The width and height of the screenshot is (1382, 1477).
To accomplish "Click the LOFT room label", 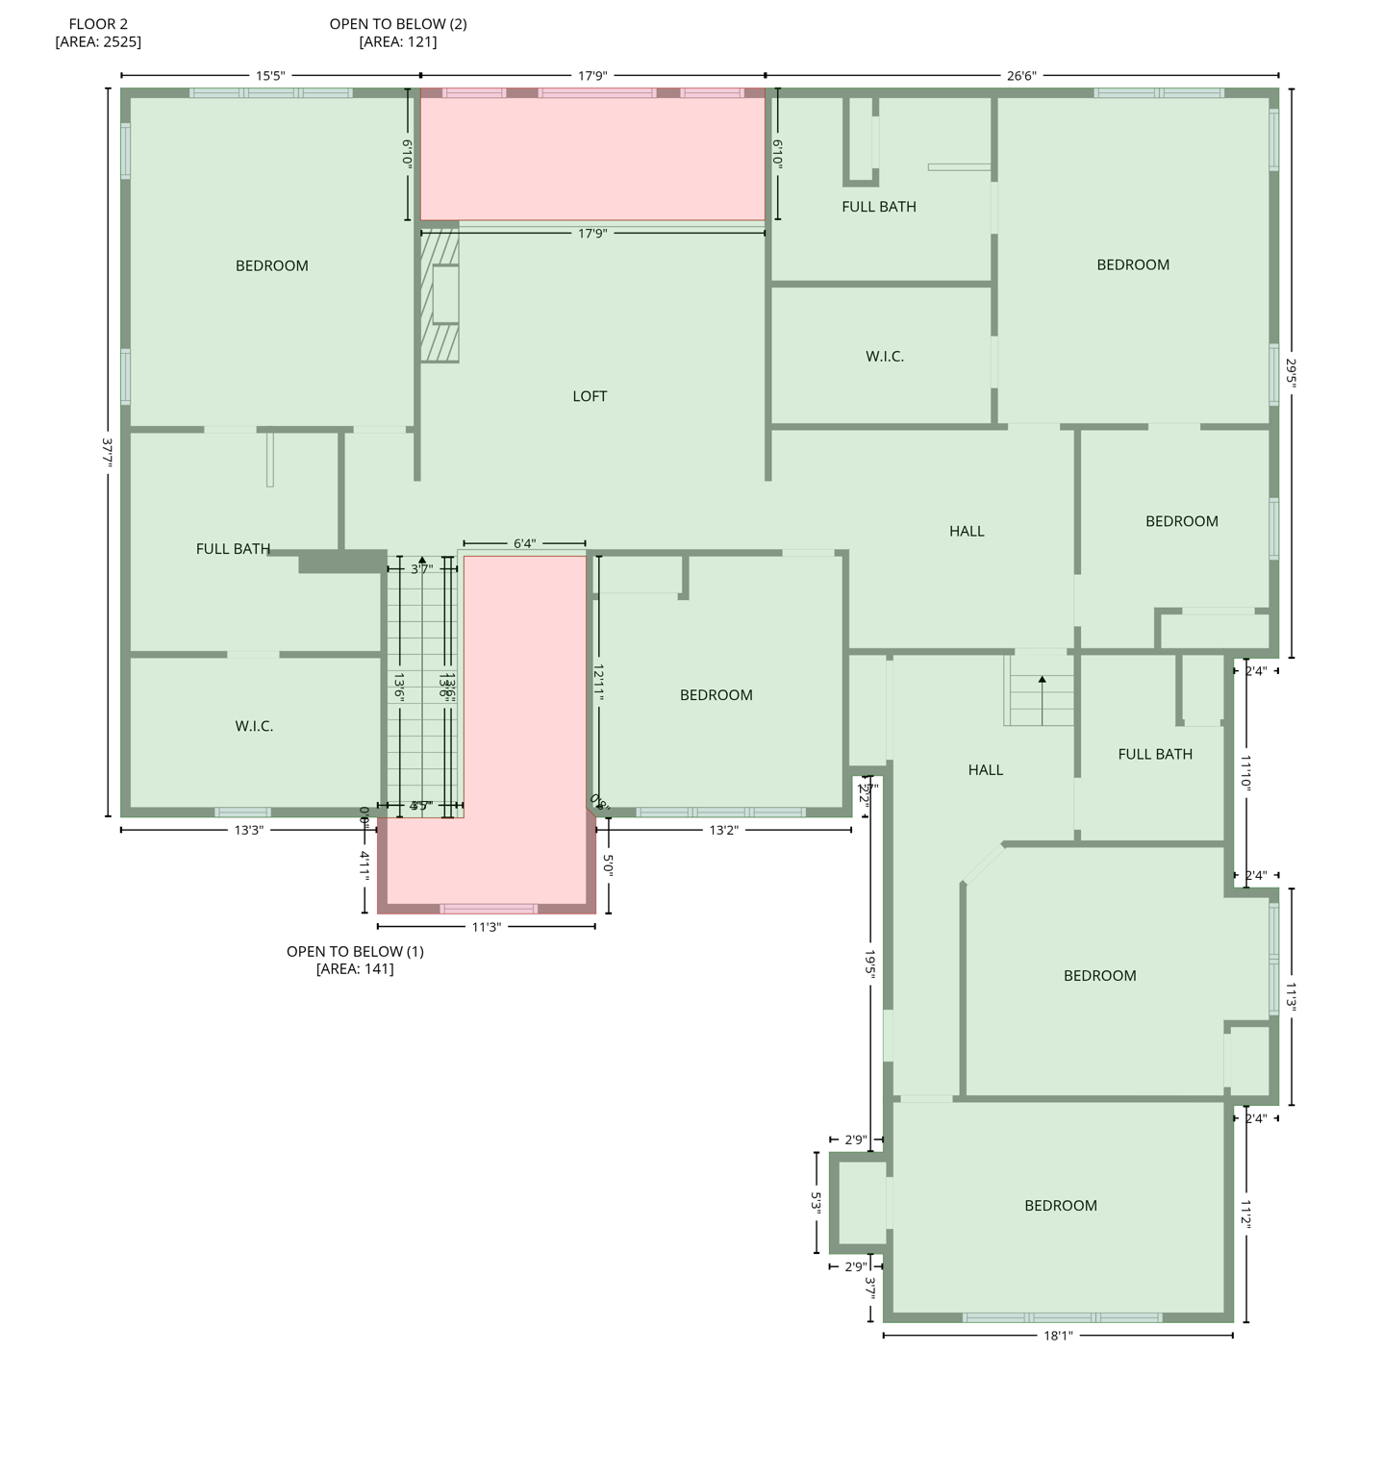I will click(x=590, y=396).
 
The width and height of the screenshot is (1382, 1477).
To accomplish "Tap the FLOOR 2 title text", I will click(x=98, y=24).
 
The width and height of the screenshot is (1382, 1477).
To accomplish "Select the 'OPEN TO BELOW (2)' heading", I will click(x=398, y=24).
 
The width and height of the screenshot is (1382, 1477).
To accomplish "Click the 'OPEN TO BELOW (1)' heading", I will click(x=355, y=951).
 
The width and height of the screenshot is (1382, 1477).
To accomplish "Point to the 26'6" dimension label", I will click(x=1021, y=76).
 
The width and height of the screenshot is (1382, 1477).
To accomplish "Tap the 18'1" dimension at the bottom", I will click(x=1058, y=1336).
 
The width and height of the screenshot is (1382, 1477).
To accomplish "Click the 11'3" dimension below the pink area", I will click(x=487, y=927).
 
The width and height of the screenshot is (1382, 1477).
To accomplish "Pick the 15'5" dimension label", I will click(x=270, y=76).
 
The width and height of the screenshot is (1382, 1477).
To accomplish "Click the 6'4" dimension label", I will click(x=524, y=544).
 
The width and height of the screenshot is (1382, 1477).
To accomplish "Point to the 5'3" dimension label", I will click(x=817, y=1203).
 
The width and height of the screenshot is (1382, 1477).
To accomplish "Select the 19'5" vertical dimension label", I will click(x=869, y=964).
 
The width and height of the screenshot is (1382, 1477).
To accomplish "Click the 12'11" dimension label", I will click(x=598, y=682).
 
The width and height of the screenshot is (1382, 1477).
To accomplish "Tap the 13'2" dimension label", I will click(x=723, y=830).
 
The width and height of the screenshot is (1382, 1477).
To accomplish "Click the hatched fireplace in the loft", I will click(x=440, y=294).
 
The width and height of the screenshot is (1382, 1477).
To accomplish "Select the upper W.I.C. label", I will click(x=885, y=357).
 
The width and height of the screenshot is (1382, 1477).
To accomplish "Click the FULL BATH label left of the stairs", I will click(x=233, y=549).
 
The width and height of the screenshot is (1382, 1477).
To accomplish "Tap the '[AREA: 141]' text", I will click(x=355, y=968).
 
